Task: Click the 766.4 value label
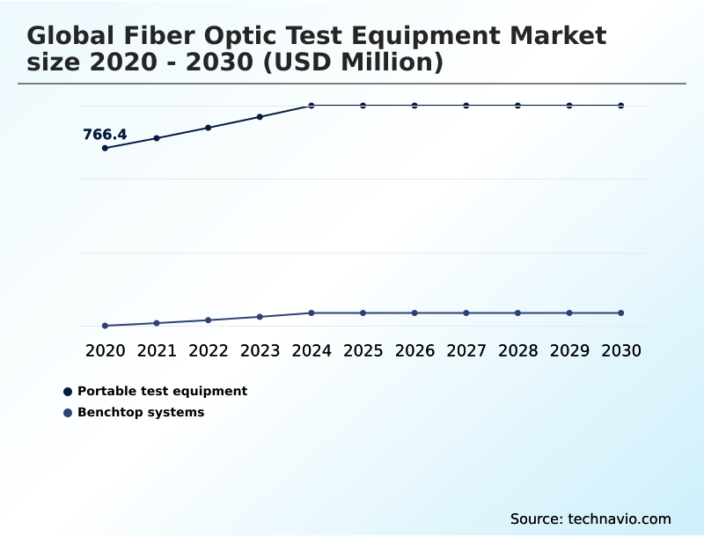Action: coord(105,135)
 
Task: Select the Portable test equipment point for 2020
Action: coord(105,148)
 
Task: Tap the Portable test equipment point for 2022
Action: coord(209,128)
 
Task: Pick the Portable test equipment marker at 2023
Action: coord(260,116)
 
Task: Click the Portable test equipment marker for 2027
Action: coord(466,106)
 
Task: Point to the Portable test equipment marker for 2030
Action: coord(621,106)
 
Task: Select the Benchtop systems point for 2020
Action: coord(105,326)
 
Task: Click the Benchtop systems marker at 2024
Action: coord(312,313)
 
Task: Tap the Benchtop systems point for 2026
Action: coord(414,313)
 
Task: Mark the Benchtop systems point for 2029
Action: coord(569,313)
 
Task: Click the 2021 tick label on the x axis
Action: coord(157,350)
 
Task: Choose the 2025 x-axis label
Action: coord(363,350)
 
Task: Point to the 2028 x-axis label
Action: coord(517,350)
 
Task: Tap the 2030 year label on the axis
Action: coord(621,350)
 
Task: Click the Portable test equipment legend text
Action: coord(162,391)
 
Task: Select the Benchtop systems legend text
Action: coord(141,412)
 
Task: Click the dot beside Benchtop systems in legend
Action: coord(68,412)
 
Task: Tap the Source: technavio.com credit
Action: coord(590,519)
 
